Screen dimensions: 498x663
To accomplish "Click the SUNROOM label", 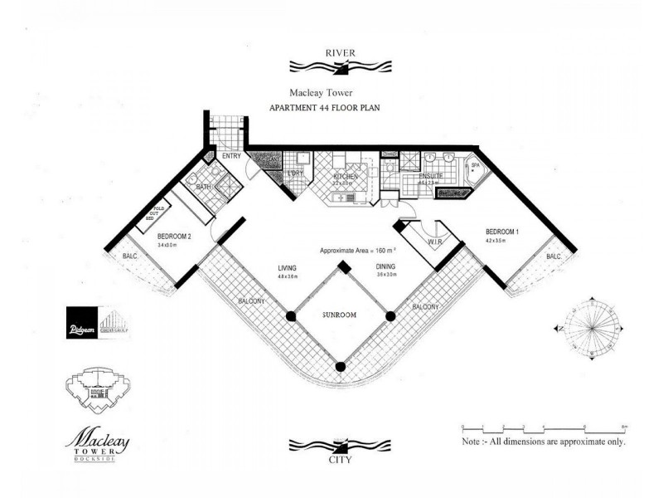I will point(340,316).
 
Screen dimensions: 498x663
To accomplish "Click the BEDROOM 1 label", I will point(502,232).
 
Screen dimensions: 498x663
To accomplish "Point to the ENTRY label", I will point(230,155).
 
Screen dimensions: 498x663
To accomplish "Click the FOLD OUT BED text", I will point(152,212).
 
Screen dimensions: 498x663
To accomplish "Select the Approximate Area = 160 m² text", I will point(356,250).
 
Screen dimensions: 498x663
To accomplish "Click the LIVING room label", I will point(288,267).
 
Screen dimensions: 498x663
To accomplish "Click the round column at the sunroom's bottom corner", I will point(341,366).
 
